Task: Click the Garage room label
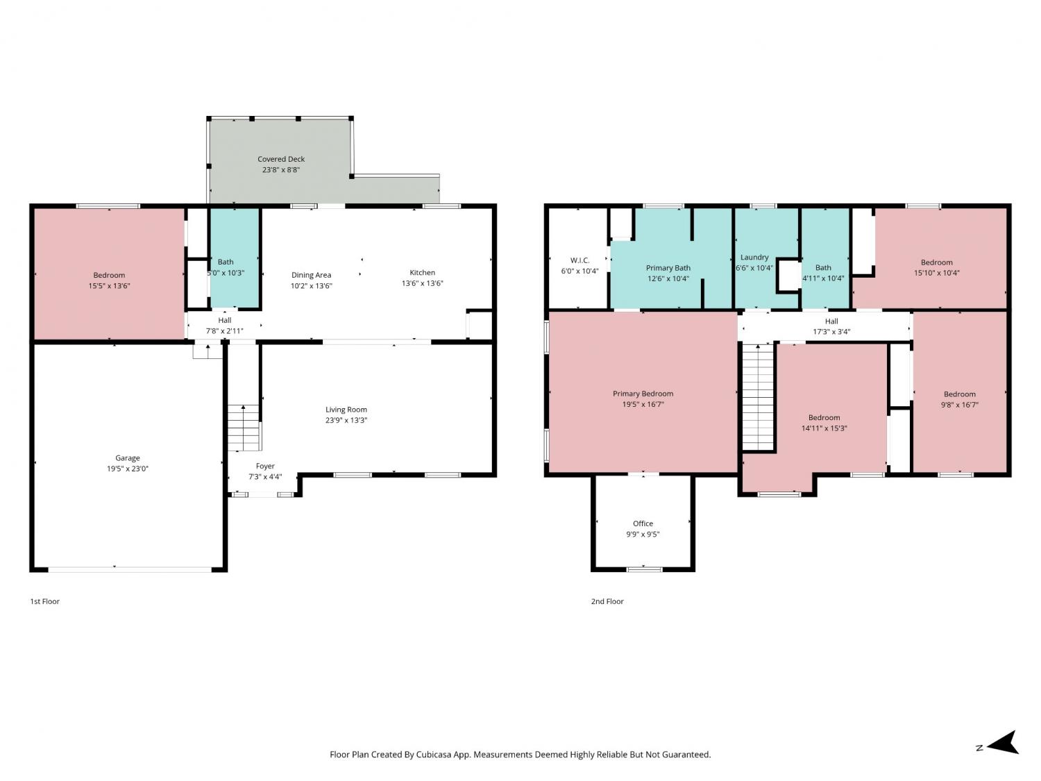click(x=127, y=458)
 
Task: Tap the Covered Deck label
click(x=281, y=159)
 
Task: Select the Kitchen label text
click(x=422, y=272)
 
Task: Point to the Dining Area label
click(x=311, y=275)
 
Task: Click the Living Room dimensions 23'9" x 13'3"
click(x=346, y=420)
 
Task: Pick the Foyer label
click(x=265, y=466)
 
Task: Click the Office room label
click(x=643, y=523)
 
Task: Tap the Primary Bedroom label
click(x=643, y=394)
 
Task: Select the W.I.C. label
click(x=579, y=260)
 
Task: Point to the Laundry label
click(x=754, y=257)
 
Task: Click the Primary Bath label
click(x=668, y=268)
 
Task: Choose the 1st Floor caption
click(x=45, y=601)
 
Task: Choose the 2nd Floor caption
click(x=607, y=601)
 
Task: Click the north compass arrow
click(x=1002, y=742)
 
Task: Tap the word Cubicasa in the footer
click(x=434, y=755)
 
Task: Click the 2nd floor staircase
click(x=758, y=397)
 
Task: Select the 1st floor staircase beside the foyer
click(x=244, y=428)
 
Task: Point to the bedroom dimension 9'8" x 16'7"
click(x=959, y=405)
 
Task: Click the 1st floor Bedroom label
click(x=109, y=275)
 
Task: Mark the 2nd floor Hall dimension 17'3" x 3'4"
click(x=831, y=332)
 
